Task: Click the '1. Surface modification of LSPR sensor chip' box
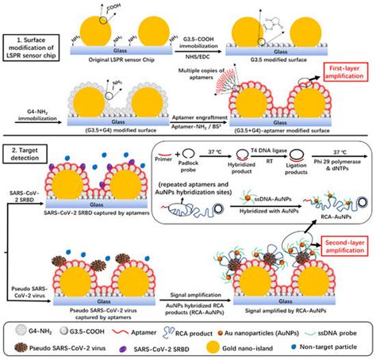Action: (x=37, y=48)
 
